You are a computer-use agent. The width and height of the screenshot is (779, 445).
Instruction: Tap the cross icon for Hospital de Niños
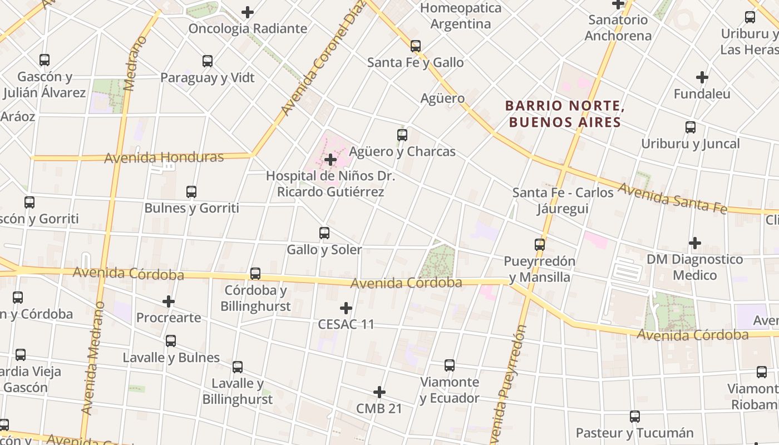pyautogui.click(x=331, y=160)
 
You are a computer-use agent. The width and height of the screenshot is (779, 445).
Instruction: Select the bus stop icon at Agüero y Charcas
pyautogui.click(x=402, y=135)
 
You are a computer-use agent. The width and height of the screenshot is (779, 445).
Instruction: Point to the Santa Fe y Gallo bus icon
pyautogui.click(x=416, y=46)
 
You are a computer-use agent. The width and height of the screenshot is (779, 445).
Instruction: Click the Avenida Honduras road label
pyautogui.click(x=164, y=157)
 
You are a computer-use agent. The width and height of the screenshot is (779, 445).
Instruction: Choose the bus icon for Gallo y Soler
pyautogui.click(x=324, y=233)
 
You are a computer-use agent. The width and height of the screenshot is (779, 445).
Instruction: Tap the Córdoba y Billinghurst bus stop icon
pyautogui.click(x=255, y=274)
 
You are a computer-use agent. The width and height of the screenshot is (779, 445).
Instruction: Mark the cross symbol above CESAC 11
pyautogui.click(x=346, y=308)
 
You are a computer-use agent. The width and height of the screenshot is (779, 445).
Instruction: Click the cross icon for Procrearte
pyautogui.click(x=169, y=301)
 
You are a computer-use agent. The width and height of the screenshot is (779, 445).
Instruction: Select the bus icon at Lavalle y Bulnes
pyautogui.click(x=171, y=341)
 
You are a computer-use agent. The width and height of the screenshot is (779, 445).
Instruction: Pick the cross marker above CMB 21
pyautogui.click(x=379, y=392)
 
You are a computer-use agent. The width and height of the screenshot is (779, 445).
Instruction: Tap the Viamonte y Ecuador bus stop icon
pyautogui.click(x=450, y=365)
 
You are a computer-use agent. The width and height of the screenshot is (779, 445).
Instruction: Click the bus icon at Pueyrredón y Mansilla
pyautogui.click(x=539, y=244)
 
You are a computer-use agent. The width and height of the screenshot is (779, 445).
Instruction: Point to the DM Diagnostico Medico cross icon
pyautogui.click(x=694, y=243)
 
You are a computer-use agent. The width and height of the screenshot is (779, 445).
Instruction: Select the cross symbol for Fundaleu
pyautogui.click(x=702, y=77)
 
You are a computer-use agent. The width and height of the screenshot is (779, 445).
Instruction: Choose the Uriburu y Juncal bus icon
pyautogui.click(x=691, y=127)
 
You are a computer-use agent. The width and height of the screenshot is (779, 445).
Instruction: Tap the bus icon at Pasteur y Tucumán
pyautogui.click(x=635, y=417)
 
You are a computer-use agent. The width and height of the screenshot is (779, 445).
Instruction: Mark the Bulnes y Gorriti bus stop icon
pyautogui.click(x=191, y=192)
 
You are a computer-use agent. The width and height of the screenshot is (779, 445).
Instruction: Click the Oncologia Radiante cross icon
pyautogui.click(x=248, y=12)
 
